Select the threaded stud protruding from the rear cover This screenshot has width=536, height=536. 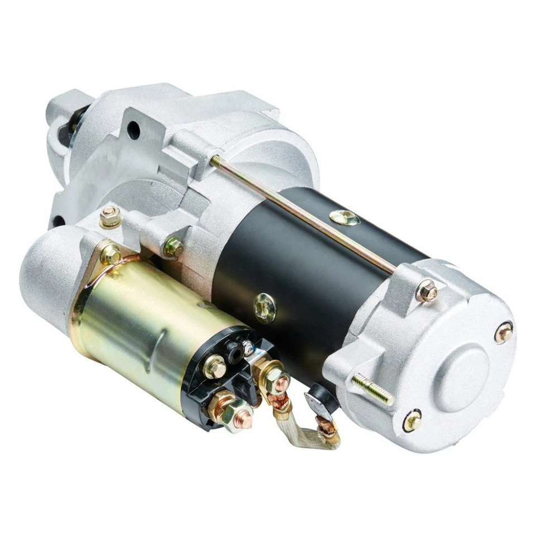(x=372, y=389)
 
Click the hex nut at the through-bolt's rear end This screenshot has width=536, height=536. (x=427, y=291)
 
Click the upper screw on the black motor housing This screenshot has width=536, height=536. (x=344, y=217)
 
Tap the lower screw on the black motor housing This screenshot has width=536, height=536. (x=264, y=308)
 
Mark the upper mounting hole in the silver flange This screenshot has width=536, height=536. (x=133, y=130)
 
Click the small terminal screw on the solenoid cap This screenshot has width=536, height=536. (x=215, y=367)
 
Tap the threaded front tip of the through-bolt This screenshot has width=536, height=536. (x=215, y=161)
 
